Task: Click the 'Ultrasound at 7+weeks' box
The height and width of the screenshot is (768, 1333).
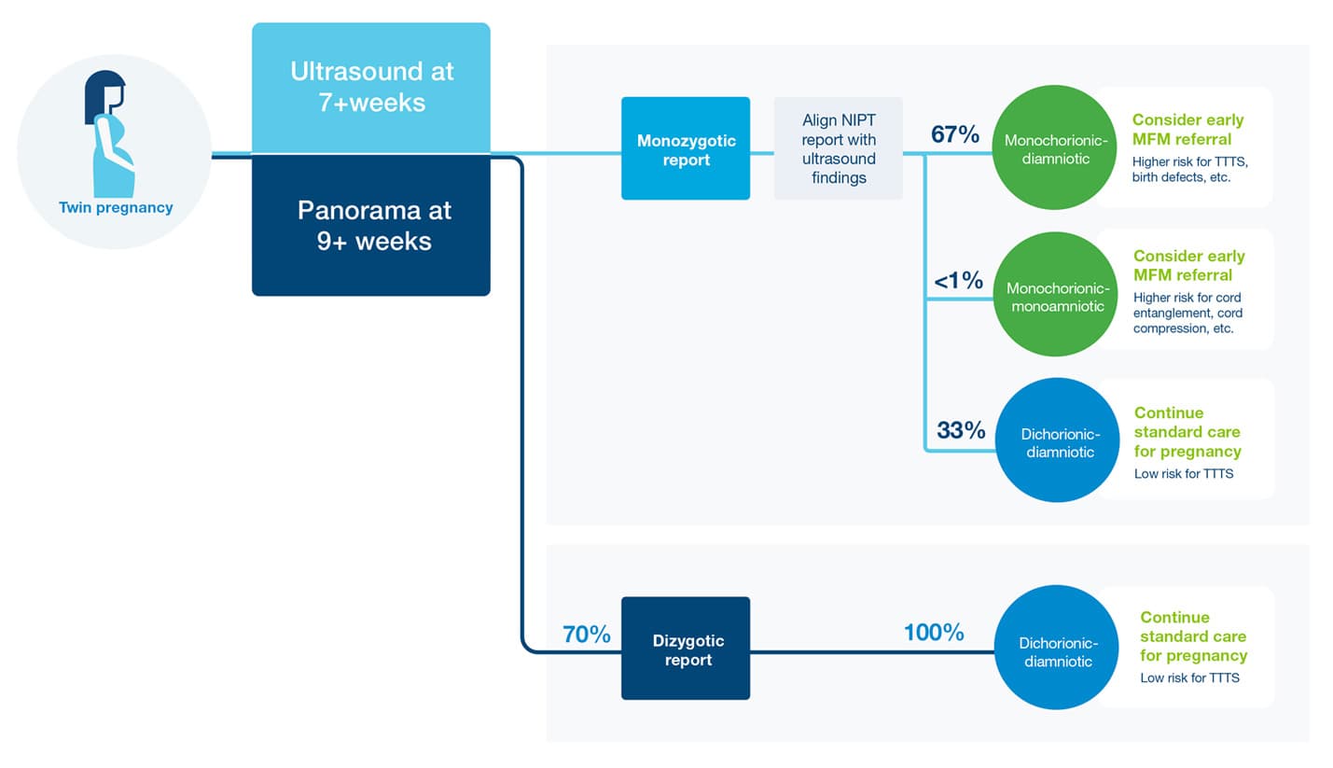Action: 371,88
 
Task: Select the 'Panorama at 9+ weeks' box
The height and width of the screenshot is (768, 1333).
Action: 371,226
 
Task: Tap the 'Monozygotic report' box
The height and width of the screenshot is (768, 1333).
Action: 686,148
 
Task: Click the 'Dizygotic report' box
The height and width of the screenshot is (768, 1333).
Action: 686,649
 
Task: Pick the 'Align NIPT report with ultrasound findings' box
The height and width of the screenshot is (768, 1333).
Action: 839,148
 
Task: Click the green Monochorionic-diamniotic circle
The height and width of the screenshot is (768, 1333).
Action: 1055,147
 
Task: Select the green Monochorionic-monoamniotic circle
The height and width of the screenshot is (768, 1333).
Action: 1056,294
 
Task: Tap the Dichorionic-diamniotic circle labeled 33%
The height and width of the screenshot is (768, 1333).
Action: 1058,440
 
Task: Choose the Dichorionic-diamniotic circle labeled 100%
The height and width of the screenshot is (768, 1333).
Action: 1057,647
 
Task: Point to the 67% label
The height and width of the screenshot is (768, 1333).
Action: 955,134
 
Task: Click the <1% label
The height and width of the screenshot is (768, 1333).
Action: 959,280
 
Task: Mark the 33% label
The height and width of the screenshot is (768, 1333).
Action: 961,430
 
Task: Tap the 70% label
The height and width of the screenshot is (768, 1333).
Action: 587,634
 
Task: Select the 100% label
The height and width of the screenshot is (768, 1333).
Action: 934,633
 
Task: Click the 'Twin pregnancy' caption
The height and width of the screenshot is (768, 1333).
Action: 116,208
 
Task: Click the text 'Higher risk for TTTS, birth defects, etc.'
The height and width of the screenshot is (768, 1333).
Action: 1189,170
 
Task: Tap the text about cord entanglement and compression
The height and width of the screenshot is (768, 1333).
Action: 1187,313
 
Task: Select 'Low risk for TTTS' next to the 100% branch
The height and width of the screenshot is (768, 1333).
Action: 1189,677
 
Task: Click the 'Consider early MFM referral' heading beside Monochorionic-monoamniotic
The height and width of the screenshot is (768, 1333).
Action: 1189,266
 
